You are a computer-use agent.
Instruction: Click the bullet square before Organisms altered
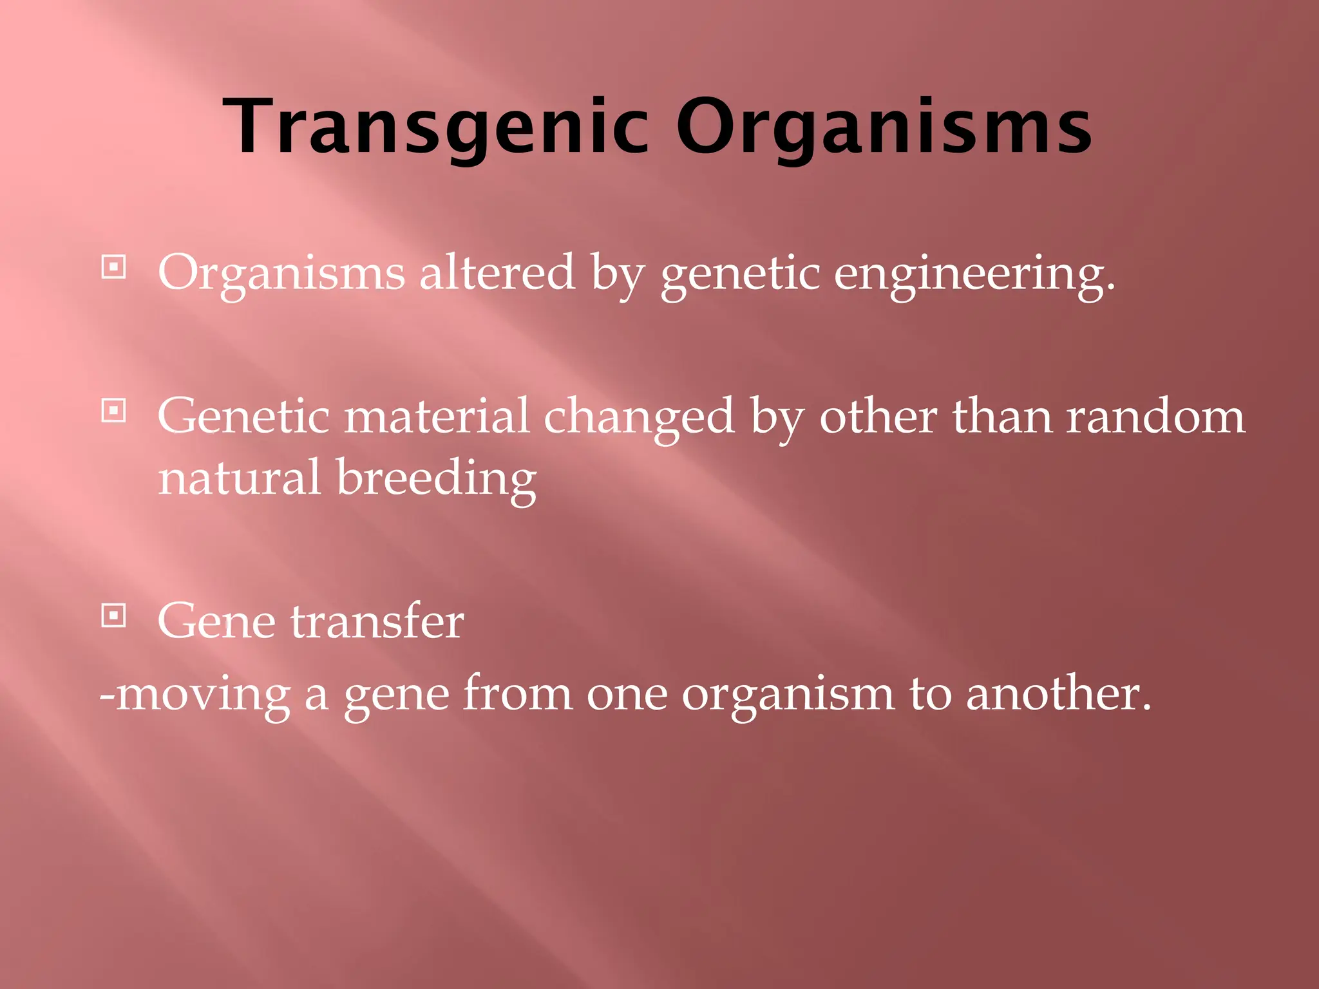(114, 267)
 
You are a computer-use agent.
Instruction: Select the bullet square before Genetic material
(114, 410)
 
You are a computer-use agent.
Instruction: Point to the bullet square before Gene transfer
(114, 616)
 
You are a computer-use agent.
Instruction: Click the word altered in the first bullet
(497, 272)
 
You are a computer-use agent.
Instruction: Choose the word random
(1155, 416)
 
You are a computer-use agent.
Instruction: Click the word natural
(239, 478)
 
